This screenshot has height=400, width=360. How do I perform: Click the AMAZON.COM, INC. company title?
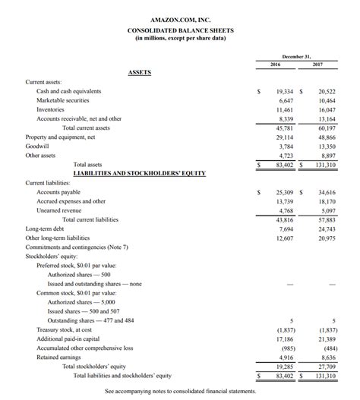click(x=180, y=17)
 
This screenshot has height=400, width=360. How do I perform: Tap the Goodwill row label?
click(x=37, y=146)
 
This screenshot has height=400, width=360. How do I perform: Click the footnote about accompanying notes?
click(x=180, y=390)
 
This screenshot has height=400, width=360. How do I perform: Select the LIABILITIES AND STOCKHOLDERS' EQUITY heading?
click(x=139, y=173)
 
